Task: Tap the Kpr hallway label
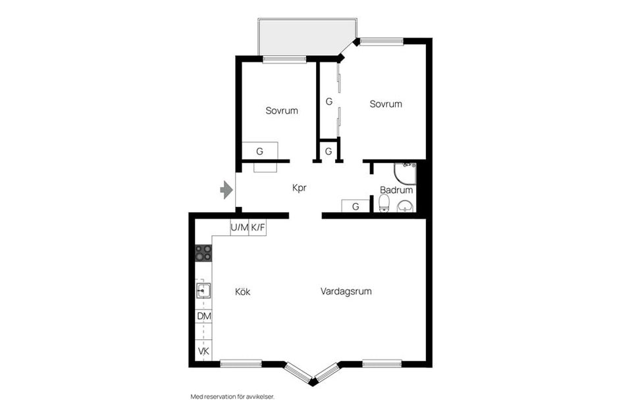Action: tap(300, 188)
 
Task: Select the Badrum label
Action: tap(396, 190)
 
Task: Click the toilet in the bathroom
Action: tap(384, 203)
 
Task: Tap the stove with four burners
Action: tap(203, 253)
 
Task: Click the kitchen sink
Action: tap(203, 291)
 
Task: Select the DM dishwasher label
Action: tap(204, 316)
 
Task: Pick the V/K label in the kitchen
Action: tap(204, 351)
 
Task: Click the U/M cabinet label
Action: tap(240, 227)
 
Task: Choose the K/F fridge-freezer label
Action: tap(258, 227)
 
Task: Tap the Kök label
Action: tap(243, 291)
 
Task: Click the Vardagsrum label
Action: tap(346, 291)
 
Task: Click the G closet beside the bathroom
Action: tap(355, 206)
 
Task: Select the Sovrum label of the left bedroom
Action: tap(282, 110)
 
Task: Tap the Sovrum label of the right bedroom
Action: tap(386, 105)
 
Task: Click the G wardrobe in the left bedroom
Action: tap(259, 151)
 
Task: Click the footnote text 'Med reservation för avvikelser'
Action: tap(232, 397)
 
